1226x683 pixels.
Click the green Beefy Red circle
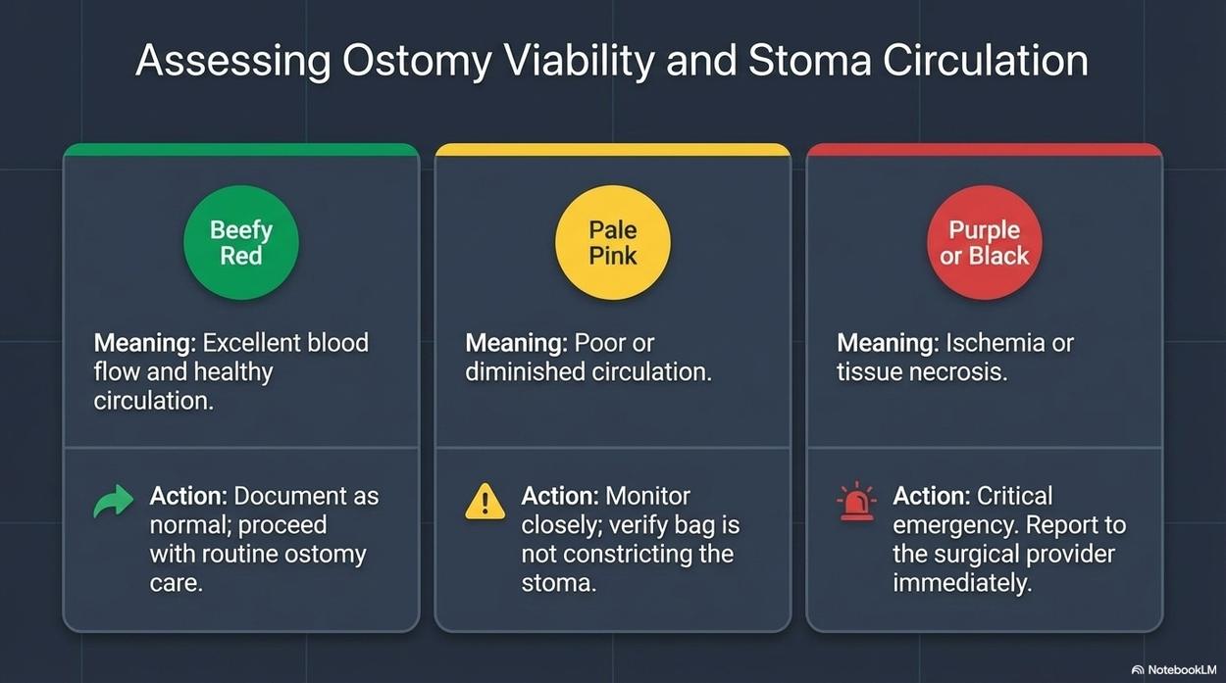click(x=241, y=243)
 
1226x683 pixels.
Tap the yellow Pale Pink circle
click(x=612, y=243)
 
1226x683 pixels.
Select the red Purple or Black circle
click(x=984, y=243)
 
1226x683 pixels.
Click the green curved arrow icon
click(x=114, y=501)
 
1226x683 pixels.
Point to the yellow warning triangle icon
click(x=485, y=501)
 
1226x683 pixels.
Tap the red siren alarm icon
click(x=856, y=501)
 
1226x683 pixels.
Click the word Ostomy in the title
click(x=417, y=61)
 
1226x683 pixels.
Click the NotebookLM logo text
click(x=1180, y=670)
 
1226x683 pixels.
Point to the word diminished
click(x=525, y=372)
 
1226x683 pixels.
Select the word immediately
click(x=962, y=583)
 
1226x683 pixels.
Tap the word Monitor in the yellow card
click(x=647, y=497)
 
